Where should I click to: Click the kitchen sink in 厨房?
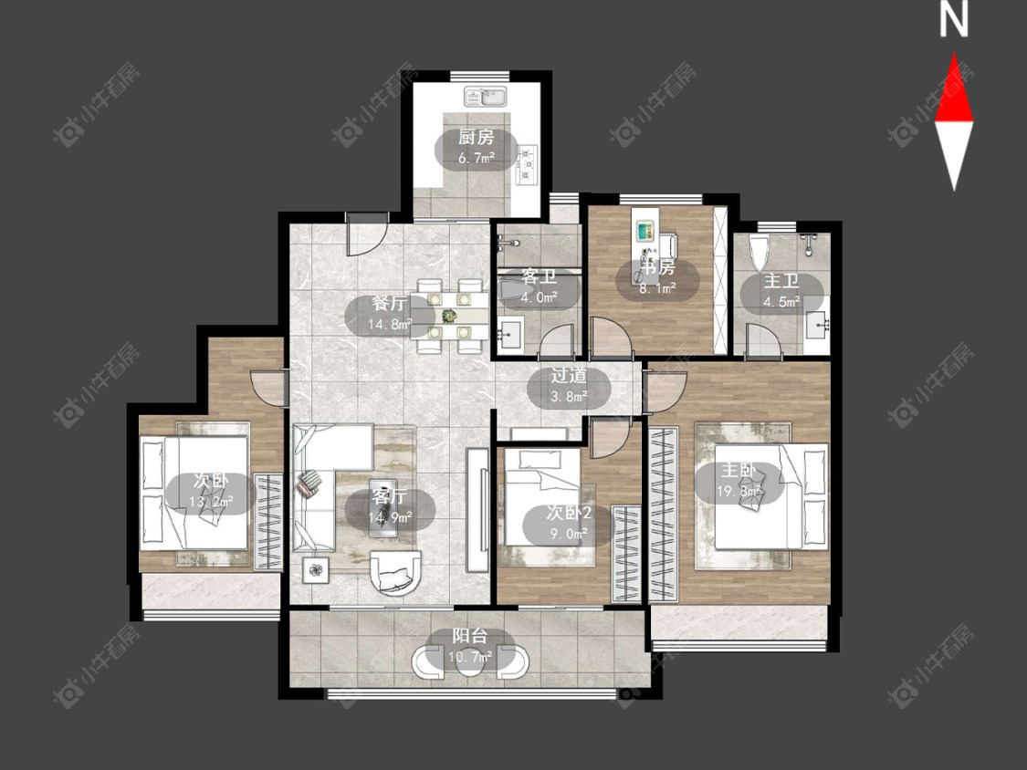[x=485, y=97]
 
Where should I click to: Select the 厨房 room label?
[x=476, y=137]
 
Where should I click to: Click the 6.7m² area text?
[x=476, y=158]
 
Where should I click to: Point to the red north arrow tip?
[x=954, y=54]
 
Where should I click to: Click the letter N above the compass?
[x=954, y=20]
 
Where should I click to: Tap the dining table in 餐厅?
[x=449, y=316]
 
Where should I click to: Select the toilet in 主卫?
[x=759, y=254]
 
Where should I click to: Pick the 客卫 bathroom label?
[x=539, y=277]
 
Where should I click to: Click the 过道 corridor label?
[x=569, y=375]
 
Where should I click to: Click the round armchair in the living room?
[x=396, y=573]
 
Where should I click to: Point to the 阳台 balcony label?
[x=470, y=636]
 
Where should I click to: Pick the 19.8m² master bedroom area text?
[x=739, y=491]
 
